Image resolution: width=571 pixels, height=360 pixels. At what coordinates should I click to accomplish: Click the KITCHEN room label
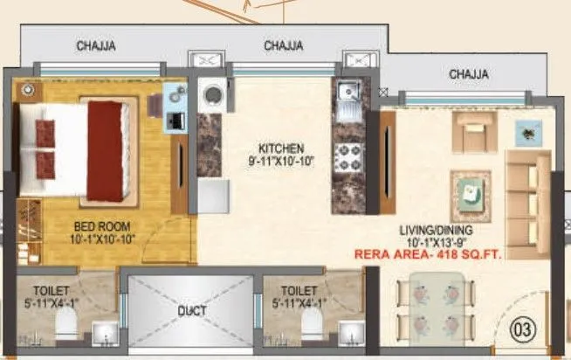coord(280,147)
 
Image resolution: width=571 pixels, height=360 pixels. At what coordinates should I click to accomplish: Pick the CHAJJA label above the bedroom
coord(96,45)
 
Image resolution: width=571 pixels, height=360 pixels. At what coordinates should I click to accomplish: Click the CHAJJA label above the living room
coord(470,74)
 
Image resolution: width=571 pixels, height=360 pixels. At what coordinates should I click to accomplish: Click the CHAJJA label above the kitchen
coord(283,45)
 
